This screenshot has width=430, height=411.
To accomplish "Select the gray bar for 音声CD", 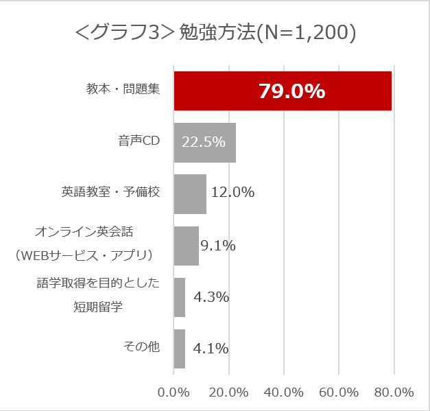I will [204, 142].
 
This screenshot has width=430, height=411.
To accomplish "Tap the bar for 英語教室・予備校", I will [190, 193].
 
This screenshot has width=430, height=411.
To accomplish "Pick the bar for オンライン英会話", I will [186, 245].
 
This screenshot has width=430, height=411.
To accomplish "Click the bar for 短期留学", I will [180, 297].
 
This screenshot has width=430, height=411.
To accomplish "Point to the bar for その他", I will [179, 349].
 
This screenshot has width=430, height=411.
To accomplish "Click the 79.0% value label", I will [291, 91].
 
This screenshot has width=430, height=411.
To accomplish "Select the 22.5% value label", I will [204, 142].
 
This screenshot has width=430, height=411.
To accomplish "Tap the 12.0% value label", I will [232, 193].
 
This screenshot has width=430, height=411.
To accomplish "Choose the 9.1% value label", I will [218, 245].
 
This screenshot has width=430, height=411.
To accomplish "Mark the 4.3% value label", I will [211, 297].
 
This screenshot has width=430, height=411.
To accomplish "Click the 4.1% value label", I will [211, 349].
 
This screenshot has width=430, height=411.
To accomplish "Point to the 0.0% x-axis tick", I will [174, 392].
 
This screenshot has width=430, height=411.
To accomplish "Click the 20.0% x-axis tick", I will [228, 392].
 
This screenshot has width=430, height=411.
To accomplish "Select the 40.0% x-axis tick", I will [284, 392].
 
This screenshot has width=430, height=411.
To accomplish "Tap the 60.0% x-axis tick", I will [339, 392].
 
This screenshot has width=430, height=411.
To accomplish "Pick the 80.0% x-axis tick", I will [394, 392].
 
